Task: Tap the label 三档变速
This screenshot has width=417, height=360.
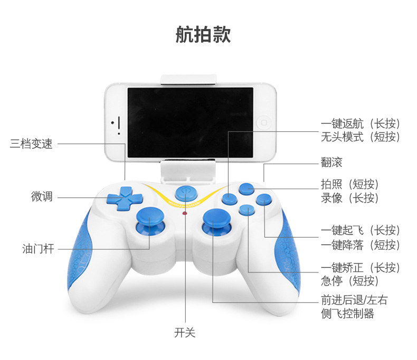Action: [x=32, y=144]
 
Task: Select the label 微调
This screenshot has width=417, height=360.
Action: [x=42, y=197]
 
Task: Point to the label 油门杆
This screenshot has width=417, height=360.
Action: [x=36, y=248]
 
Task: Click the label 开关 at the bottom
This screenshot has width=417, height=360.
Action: [x=185, y=333]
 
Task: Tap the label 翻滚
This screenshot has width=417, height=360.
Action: [x=331, y=162]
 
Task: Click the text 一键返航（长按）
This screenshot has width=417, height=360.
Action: [x=361, y=124]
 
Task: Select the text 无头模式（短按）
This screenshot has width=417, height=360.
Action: [x=361, y=137]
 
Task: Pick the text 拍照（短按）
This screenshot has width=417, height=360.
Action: [x=350, y=184]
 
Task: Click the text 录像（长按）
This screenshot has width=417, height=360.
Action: [x=350, y=198]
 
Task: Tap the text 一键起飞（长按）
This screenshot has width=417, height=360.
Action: [x=361, y=230]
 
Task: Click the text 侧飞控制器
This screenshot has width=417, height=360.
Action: [x=347, y=314]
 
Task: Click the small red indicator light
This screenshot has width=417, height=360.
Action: [x=184, y=214]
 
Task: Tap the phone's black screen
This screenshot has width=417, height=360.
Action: [x=190, y=122]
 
